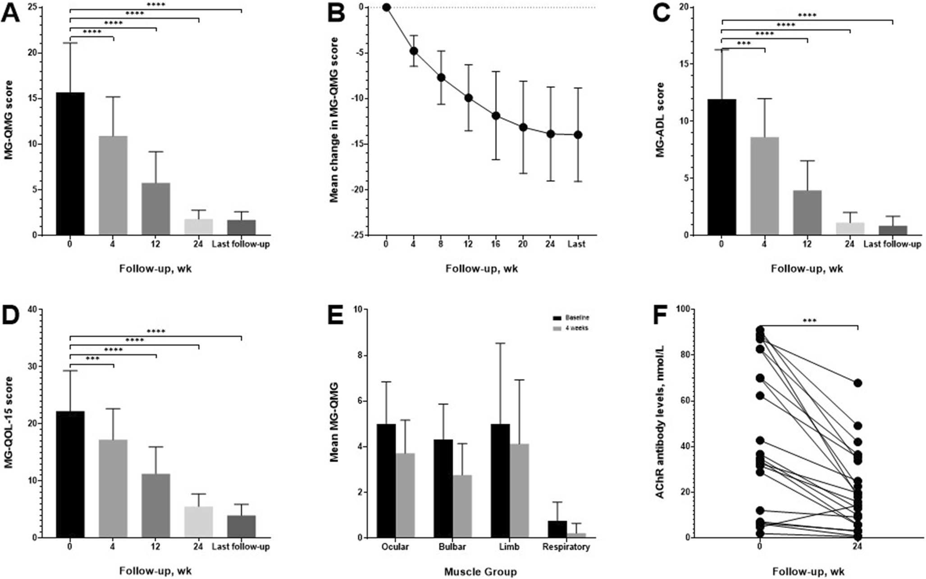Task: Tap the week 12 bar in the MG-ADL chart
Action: (807, 212)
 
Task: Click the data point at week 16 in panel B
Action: (496, 116)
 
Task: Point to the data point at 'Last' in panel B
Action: (578, 135)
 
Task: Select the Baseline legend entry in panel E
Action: (570, 318)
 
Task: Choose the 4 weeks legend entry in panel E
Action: (570, 328)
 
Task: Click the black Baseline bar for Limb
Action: (501, 481)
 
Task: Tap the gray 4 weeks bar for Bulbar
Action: (462, 506)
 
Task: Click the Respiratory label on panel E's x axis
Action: (566, 547)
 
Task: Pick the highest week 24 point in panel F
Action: (858, 383)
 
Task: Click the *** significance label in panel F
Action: (809, 321)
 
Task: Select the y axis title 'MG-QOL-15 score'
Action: (9, 423)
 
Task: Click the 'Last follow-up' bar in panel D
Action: (241, 526)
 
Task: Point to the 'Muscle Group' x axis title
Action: (480, 572)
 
